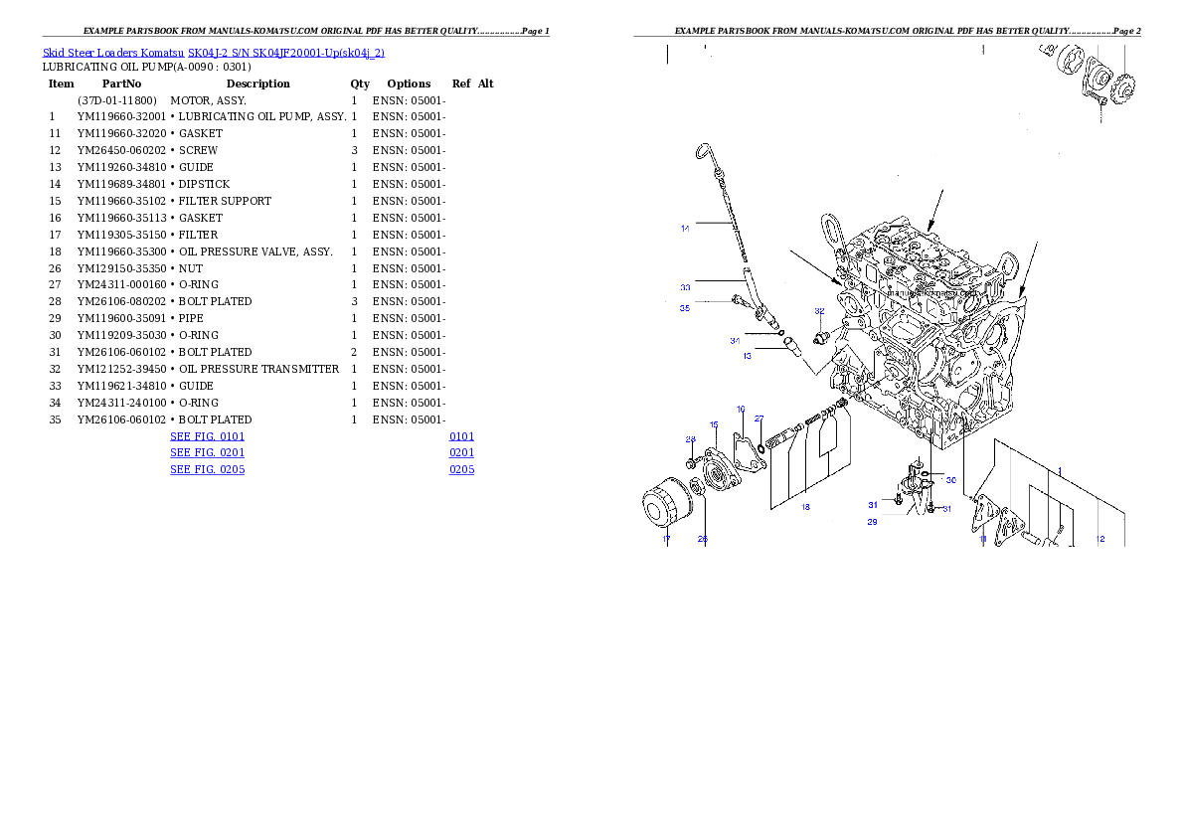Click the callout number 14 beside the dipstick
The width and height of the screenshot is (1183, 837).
click(685, 229)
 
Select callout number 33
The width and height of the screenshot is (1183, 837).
click(685, 287)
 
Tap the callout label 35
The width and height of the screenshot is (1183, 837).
click(685, 308)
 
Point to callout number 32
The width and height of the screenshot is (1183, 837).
click(819, 311)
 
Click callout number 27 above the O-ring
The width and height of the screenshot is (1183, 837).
click(759, 418)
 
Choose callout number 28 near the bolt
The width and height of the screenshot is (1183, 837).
click(690, 439)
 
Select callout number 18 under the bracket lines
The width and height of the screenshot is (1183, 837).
click(805, 507)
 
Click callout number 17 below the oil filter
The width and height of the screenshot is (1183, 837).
click(666, 540)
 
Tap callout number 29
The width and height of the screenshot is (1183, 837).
click(872, 521)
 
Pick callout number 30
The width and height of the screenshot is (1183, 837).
click(950, 480)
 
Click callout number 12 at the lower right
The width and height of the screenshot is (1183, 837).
click(1099, 539)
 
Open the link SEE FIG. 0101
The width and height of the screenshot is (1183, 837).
click(207, 436)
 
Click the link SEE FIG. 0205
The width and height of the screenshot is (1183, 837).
click(207, 468)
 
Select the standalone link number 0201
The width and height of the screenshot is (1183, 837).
click(461, 452)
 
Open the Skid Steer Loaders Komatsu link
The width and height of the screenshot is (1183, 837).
click(114, 53)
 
